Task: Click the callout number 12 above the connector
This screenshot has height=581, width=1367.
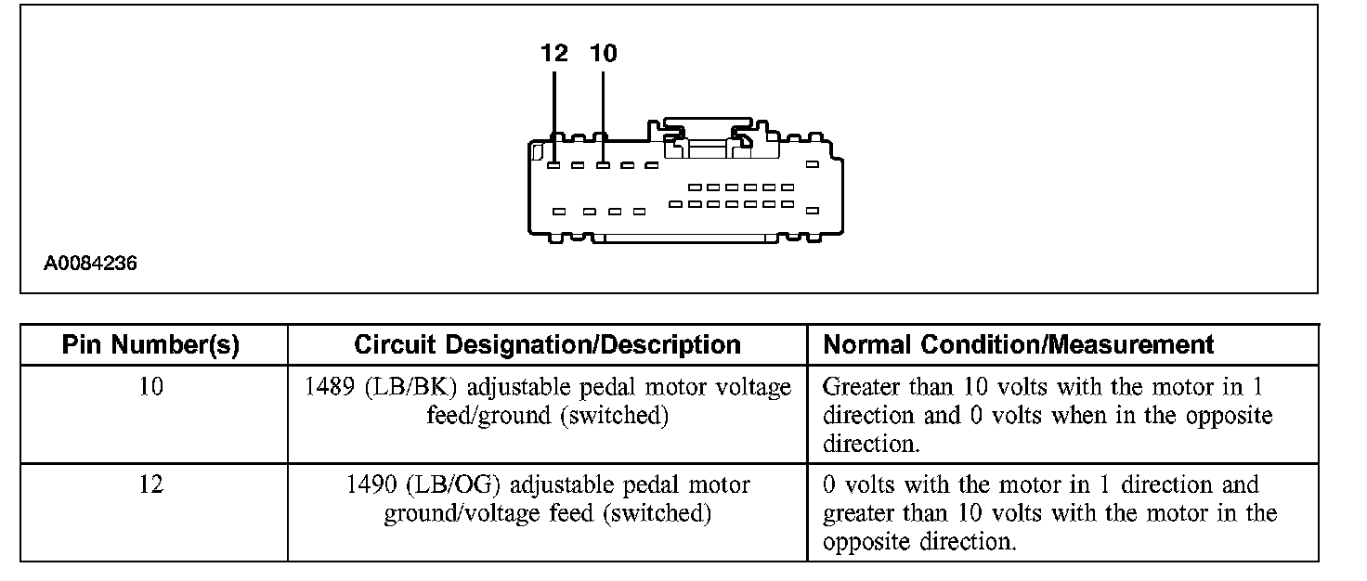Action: coord(554,54)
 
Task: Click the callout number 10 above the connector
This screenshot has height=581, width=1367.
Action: coord(604,54)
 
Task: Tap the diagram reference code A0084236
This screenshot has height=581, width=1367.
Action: coord(90,264)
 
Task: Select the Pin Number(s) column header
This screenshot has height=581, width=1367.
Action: coord(150,345)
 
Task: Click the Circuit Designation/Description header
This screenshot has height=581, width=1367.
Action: coord(547,345)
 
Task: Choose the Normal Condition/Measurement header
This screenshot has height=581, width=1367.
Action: coord(1019,345)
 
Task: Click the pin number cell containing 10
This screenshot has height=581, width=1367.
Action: coord(150,387)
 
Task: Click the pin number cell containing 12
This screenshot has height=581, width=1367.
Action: coord(150,484)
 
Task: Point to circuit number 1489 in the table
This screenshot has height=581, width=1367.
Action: coord(330,387)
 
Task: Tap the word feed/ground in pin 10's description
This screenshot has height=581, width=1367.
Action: coord(489,416)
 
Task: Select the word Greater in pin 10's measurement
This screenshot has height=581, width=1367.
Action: coord(862,387)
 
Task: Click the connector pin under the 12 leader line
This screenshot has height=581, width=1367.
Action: coord(553,166)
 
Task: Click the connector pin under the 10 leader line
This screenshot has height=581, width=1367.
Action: coord(603,166)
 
